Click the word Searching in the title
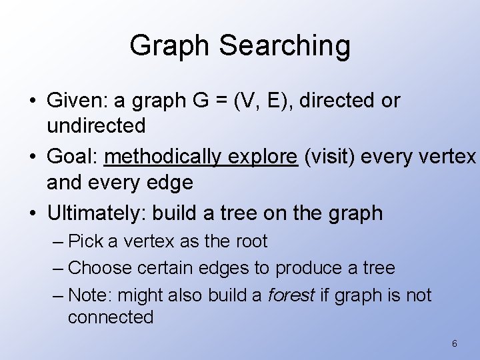[x=284, y=46]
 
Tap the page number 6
[x=454, y=344]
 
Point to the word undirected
[x=96, y=125]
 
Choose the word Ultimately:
[x=97, y=213]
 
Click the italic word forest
[x=291, y=295]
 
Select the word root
[x=251, y=241]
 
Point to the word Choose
[x=99, y=268]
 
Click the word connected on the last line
[x=111, y=317]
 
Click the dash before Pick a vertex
[x=57, y=241]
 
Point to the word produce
[x=309, y=268]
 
